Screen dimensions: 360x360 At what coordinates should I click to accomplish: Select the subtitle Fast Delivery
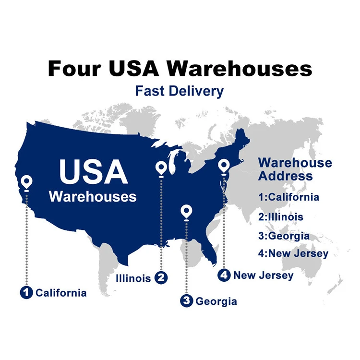tap(179, 91)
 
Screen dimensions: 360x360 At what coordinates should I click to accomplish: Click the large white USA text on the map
tap(93, 171)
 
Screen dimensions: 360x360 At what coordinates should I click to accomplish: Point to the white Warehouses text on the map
tap(93, 196)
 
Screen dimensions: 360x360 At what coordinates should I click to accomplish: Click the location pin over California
tap(26, 182)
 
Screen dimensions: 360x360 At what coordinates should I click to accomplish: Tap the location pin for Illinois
tap(161, 168)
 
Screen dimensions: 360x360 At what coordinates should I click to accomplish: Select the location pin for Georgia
tap(186, 211)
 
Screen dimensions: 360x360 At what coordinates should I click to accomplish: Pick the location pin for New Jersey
tap(223, 166)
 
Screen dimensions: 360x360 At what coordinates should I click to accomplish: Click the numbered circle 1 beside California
tap(26, 292)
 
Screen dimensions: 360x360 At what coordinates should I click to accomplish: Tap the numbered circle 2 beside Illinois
tap(161, 277)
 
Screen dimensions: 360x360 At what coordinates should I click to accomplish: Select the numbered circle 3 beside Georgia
tap(186, 301)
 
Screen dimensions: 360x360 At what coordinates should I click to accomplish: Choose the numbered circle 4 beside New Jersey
tap(224, 275)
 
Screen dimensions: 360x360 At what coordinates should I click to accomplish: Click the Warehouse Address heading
tap(295, 169)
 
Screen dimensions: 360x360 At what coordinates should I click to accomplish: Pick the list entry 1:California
tap(288, 197)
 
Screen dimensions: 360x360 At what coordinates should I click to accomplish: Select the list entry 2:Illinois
tap(280, 216)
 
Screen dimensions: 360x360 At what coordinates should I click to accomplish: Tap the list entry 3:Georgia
tap(283, 236)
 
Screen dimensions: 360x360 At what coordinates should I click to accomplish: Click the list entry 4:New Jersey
tap(293, 253)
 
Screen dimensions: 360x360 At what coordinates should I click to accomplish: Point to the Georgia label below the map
tap(216, 301)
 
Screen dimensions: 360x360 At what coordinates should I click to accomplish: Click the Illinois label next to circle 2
tap(133, 278)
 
